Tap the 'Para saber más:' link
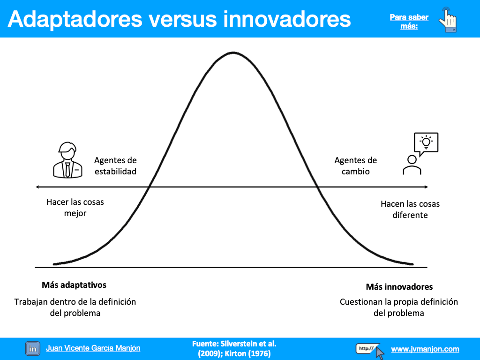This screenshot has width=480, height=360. coord(409,22)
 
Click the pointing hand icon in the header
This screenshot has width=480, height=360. coord(448,20)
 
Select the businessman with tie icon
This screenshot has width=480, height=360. coord(67,160)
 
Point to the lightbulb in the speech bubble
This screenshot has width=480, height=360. coord(426,142)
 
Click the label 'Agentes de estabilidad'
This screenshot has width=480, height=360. coord(115,165)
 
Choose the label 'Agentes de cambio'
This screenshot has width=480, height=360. coord(355,165)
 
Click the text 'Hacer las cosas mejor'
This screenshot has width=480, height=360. coord(75,208)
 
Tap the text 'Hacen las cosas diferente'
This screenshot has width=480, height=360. coord(410,210)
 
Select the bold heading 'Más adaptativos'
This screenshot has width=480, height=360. coord(74,285)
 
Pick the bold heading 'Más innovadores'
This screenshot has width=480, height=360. coord(399,287)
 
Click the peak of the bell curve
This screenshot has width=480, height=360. coord(233,52)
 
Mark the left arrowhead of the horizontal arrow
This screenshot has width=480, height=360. coord(37,187)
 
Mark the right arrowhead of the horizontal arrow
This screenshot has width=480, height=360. coord(426,187)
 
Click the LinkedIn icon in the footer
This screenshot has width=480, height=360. coord(33,349)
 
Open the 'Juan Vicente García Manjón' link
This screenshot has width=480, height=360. coord(93,348)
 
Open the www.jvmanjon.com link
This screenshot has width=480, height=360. coord(425,349)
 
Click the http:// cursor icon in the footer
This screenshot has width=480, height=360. coord(370,351)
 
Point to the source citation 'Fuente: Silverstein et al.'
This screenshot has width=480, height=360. coord(234,344)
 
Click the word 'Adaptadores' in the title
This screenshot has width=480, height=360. coord(75,20)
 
